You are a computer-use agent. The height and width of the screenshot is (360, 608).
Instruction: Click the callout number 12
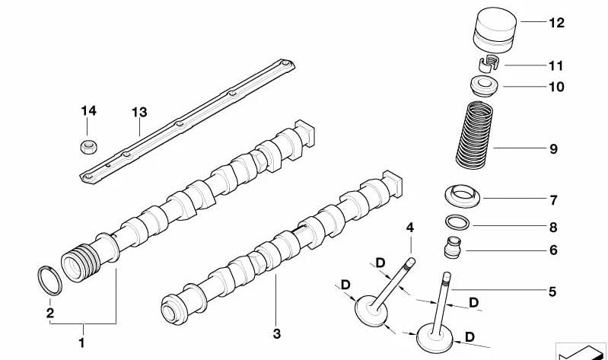(x=556, y=23)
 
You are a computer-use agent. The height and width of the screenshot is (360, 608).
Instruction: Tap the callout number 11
(x=556, y=66)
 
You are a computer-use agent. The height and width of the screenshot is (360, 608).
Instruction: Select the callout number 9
(x=553, y=148)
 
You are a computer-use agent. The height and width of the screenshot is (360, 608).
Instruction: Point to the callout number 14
(x=89, y=111)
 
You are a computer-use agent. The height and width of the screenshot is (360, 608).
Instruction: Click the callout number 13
(x=138, y=112)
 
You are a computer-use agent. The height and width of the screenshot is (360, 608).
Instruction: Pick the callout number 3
(x=276, y=333)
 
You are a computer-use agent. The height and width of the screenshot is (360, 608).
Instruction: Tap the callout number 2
(x=49, y=312)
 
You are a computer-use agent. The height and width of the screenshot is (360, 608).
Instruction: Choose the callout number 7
(x=553, y=201)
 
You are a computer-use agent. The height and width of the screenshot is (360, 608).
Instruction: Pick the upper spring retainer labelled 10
(x=483, y=85)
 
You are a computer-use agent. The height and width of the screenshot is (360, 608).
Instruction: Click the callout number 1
(x=81, y=342)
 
